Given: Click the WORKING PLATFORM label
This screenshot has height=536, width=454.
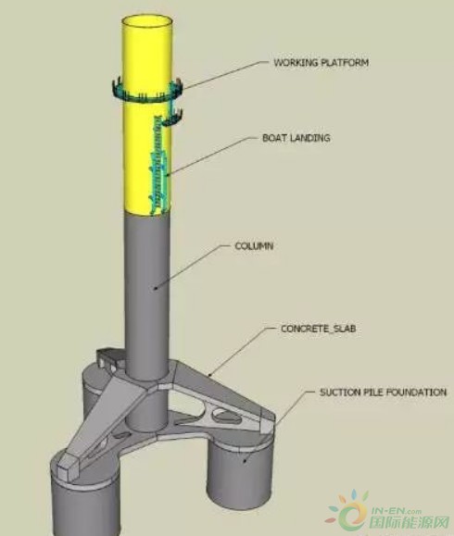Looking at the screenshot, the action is [x=321, y=63].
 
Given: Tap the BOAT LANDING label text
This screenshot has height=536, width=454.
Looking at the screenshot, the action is [x=296, y=138].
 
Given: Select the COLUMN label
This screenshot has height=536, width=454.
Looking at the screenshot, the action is [x=254, y=246].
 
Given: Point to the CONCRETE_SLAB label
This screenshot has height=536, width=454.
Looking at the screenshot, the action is [x=318, y=329].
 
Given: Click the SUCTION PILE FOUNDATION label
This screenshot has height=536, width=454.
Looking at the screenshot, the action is [x=383, y=393].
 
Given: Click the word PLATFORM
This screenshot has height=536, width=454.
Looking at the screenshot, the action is [x=345, y=63].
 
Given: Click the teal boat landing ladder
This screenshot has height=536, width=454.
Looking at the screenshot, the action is [x=159, y=164].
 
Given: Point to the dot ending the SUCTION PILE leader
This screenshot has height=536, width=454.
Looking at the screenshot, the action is [x=245, y=461].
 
